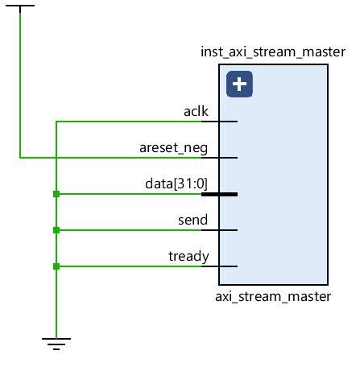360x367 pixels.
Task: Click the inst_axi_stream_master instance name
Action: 273,53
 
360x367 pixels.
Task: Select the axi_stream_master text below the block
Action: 273,296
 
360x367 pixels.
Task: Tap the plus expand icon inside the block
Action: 239,84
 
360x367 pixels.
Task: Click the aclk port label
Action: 196,111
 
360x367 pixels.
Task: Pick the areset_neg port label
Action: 173,147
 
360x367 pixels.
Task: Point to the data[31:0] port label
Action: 176,183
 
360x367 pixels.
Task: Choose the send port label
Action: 192,220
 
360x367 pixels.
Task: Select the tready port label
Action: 188,256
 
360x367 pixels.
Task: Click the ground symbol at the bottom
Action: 56,343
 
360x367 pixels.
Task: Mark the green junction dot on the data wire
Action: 56,194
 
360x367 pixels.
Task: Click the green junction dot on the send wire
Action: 56,230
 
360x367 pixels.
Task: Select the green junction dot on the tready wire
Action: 56,266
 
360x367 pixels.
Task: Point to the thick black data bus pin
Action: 219,194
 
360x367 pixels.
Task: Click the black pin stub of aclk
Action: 219,122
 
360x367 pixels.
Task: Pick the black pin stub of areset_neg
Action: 219,158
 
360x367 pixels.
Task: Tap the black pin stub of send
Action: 219,230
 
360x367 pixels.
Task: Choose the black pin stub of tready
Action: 219,266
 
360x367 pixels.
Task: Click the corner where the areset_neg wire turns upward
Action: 20,158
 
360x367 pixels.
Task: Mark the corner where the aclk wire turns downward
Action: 56,122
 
